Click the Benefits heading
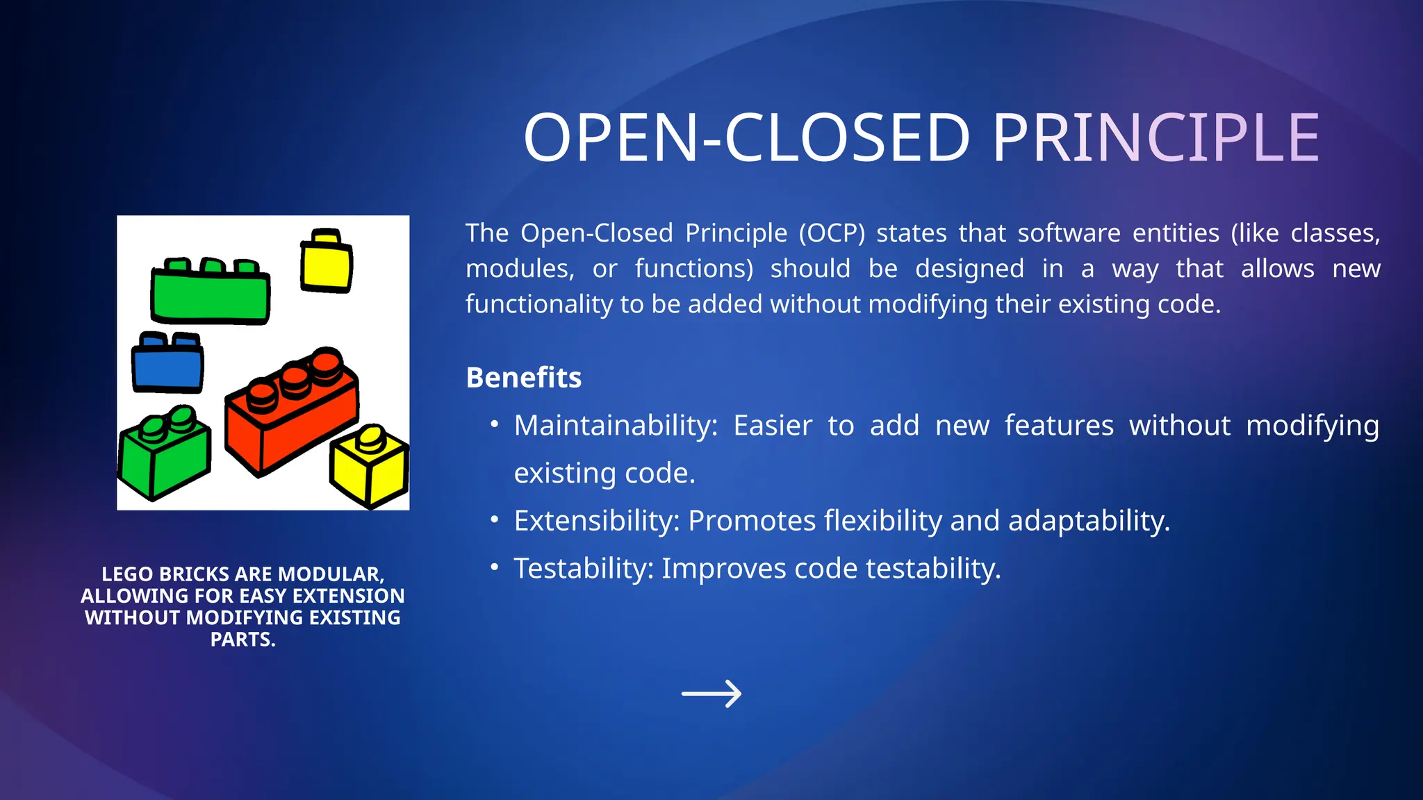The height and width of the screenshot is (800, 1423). coord(523,378)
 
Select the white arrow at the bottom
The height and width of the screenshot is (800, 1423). coord(711,693)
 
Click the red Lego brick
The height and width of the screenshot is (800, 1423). coord(292,417)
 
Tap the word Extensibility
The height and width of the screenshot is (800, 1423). coord(596,521)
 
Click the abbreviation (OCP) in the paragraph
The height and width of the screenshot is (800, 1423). coord(832,233)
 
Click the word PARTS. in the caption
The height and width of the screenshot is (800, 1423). coord(242,640)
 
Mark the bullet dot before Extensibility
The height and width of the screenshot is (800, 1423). coord(494,519)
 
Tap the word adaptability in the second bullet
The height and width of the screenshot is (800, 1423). coord(1088,522)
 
